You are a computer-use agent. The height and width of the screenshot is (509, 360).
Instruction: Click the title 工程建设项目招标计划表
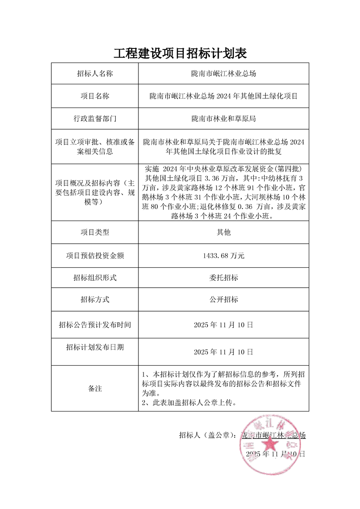pos(180,54)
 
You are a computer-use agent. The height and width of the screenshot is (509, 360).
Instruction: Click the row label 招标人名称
pos(94,73)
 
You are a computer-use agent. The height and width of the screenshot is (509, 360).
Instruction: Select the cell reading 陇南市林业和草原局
pos(223,119)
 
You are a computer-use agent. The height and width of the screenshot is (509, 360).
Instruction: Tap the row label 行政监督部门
pos(94,119)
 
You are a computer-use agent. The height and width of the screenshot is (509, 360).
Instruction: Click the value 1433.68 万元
pos(223,256)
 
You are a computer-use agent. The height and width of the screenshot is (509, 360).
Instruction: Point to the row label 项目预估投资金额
pos(94,256)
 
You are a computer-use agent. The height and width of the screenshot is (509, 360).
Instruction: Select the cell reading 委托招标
pos(223,278)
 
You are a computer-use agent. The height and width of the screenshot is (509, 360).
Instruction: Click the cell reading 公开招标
pos(223,300)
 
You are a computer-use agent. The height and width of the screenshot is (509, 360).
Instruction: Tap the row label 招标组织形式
pos(94,278)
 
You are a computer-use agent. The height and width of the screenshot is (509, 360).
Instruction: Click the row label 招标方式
pos(94,300)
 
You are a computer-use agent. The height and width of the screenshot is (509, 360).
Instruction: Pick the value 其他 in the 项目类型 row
pos(223,232)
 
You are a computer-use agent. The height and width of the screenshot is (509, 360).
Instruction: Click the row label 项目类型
pos(94,232)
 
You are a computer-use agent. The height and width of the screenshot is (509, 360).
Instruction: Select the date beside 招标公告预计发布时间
pos(223,325)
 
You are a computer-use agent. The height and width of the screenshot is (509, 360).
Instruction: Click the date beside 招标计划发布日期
pos(223,352)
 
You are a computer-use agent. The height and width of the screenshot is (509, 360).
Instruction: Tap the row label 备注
pos(94,389)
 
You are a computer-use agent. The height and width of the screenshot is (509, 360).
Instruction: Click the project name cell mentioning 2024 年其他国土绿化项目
pos(223,96)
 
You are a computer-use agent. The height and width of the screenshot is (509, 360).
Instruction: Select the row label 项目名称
pos(94,96)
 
